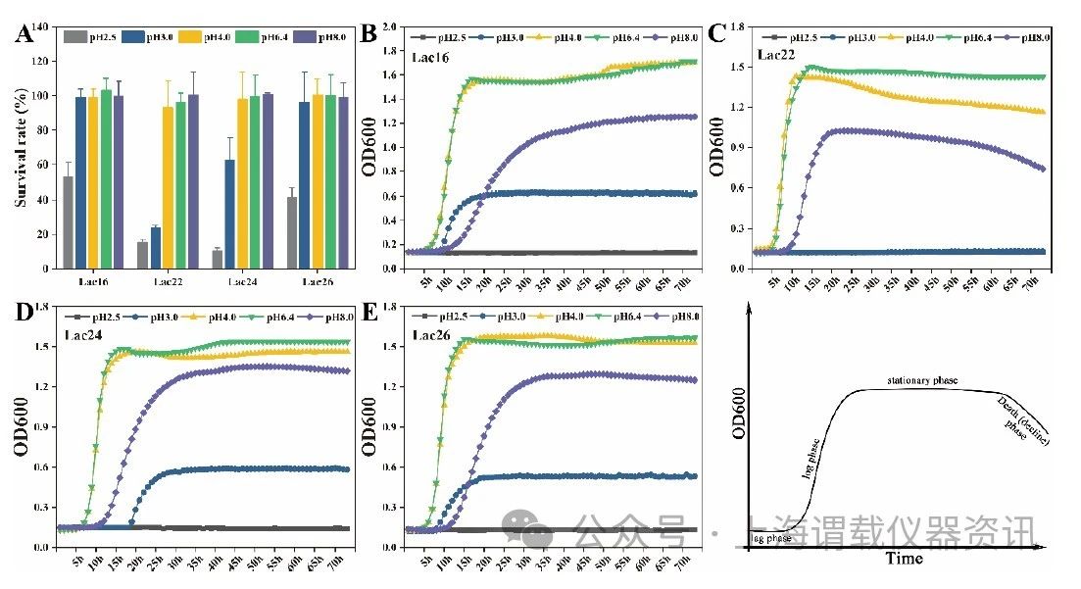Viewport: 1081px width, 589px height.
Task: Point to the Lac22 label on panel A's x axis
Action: pyautogui.click(x=168, y=282)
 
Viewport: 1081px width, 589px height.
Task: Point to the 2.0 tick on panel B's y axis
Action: pyautogui.click(x=392, y=26)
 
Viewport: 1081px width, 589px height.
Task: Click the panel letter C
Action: pyautogui.click(x=717, y=34)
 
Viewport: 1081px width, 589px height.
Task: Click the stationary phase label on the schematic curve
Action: pyautogui.click(x=921, y=379)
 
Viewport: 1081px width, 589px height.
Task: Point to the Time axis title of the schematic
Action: pyautogui.click(x=904, y=559)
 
